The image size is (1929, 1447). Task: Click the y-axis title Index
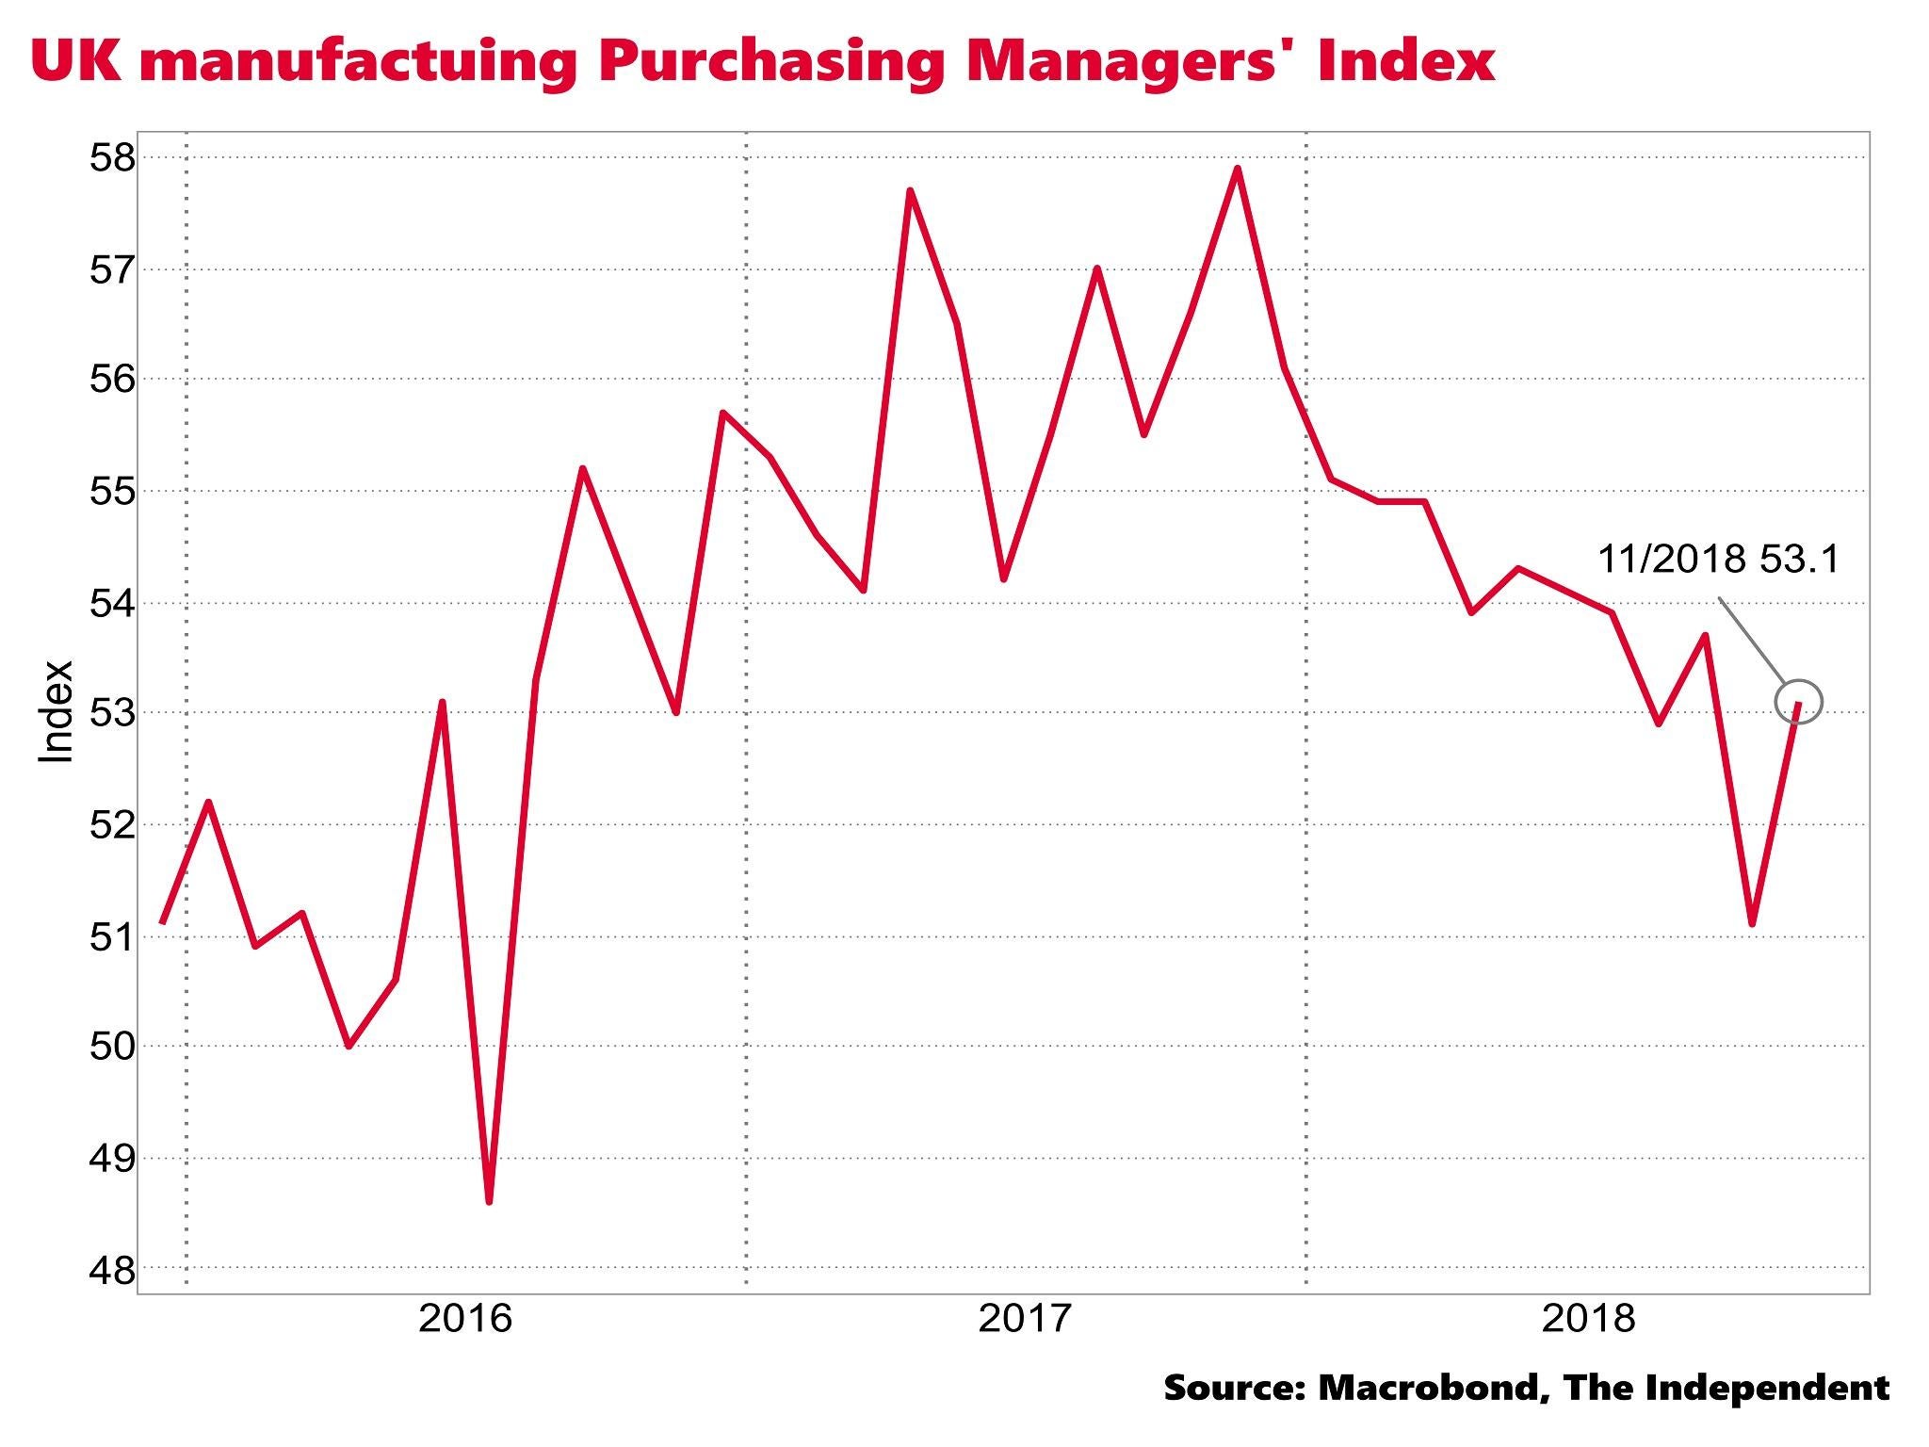pyautogui.click(x=56, y=711)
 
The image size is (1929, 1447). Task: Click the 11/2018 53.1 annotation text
pyautogui.click(x=1718, y=560)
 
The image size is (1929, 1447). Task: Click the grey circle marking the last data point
pyautogui.click(x=1799, y=702)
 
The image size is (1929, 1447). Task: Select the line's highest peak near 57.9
pyautogui.click(x=1237, y=169)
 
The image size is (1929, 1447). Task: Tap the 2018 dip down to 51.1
pyautogui.click(x=1752, y=924)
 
